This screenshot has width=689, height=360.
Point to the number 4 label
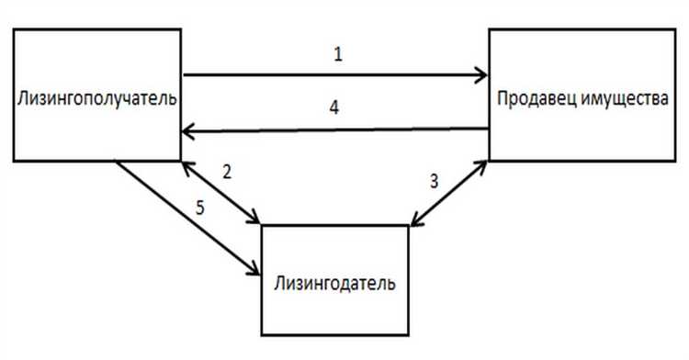point(336,108)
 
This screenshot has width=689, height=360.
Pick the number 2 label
point(226,174)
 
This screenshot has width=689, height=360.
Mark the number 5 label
point(200,207)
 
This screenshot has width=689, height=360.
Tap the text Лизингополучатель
point(96,98)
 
